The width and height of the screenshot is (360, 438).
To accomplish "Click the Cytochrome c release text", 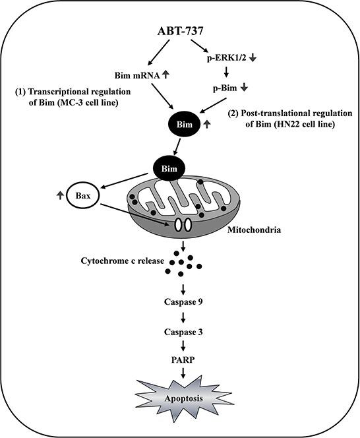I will (x=118, y=260).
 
